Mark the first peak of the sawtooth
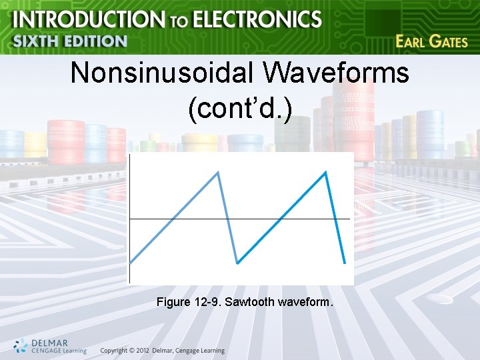pyautogui.click(x=217, y=172)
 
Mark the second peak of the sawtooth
pyautogui.click(x=325, y=172)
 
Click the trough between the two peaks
pyautogui.click(x=237, y=263)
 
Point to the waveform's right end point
pyautogui.click(x=345, y=264)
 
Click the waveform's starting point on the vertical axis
pyautogui.click(x=129, y=263)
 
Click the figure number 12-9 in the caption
pyautogui.click(x=207, y=303)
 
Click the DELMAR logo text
pyautogui.click(x=49, y=341)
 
